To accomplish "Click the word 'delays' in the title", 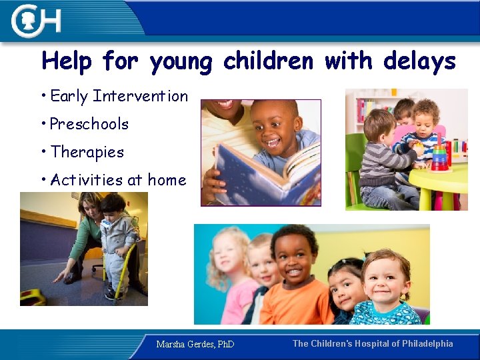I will coord(419,61).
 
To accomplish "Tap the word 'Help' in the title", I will coord(67,61).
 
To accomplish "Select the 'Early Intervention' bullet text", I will coord(119,96).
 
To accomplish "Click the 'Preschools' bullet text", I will coord(89,124).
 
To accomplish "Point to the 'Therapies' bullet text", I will coord(87,152).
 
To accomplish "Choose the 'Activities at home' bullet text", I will coord(118,180).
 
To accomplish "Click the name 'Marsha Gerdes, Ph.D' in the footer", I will coord(195,345).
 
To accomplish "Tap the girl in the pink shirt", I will coord(230,280).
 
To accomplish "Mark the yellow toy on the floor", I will coord(32,297).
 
